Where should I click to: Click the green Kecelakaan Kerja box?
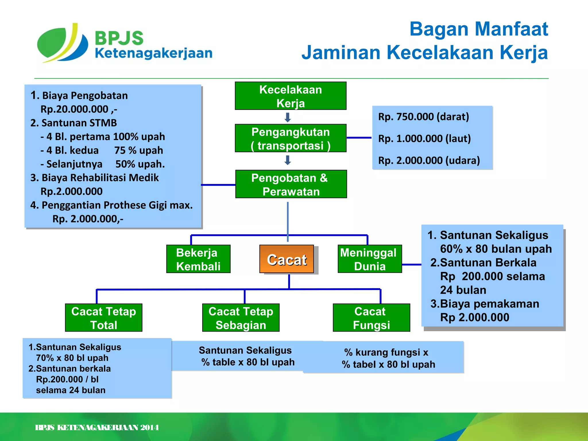291,96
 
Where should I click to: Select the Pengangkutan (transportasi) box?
291,138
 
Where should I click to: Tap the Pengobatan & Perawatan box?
291,184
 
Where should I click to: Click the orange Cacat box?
287,259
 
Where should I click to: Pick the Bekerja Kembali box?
198,259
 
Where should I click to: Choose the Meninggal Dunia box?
370,259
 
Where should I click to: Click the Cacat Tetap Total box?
104,318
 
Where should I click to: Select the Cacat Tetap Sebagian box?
241,318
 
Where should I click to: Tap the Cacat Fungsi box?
371,318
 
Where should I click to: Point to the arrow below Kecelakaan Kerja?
288,117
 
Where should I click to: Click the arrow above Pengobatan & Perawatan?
288,160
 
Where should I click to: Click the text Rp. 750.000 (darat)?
423,117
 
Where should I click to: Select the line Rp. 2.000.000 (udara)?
429,160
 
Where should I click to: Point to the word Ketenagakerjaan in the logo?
154,53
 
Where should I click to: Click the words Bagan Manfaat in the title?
479,29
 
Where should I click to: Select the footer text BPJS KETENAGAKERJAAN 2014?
97,428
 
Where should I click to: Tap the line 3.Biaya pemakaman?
485,304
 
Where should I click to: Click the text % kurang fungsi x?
386,352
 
